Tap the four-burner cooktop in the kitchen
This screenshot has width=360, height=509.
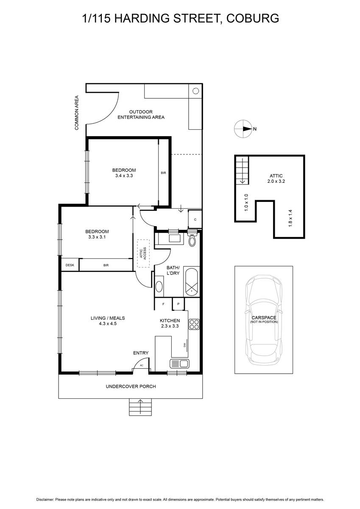coord(194,324)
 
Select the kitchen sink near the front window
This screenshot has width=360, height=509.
coord(179,364)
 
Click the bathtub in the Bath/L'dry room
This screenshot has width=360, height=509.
coord(192,282)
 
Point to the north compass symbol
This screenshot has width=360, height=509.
coord(243,129)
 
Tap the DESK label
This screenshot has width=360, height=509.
coord(70,265)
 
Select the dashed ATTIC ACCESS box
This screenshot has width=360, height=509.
coord(143,253)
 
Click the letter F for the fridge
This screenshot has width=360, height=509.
coord(163,304)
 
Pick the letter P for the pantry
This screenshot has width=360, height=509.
coord(179,304)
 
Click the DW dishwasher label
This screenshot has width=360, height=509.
coord(184,345)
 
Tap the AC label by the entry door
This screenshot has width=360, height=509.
coord(142,366)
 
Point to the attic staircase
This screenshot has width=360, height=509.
coord(243,170)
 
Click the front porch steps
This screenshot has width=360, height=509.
coord(140,407)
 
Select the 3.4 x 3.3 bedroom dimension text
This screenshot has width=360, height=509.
coord(124,176)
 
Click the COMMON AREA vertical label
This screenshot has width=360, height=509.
coord(77,113)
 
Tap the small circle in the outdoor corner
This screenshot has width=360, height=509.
coord(195,91)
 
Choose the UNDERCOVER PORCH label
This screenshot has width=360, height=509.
coord(131,386)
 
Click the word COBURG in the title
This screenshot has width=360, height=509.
coord(253,18)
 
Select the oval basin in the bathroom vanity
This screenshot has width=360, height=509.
coord(159,286)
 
